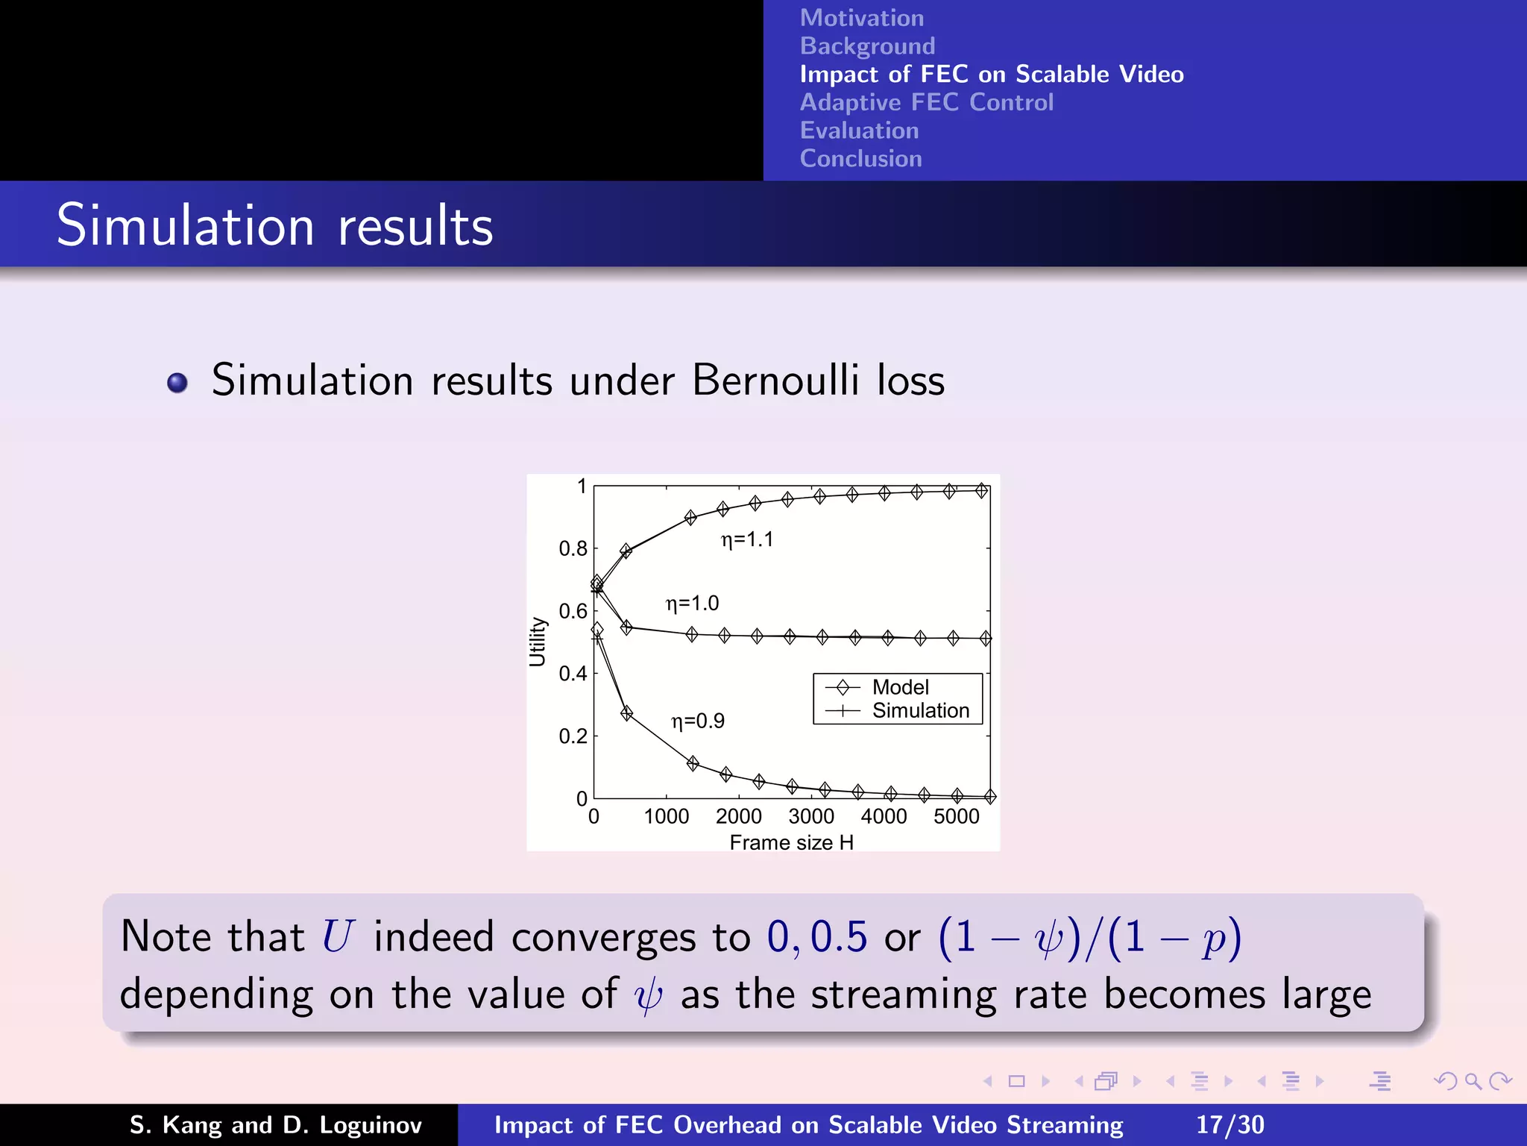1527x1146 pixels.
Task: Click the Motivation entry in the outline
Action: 861,18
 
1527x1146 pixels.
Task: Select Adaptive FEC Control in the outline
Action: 926,102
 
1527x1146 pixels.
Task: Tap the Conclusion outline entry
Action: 860,158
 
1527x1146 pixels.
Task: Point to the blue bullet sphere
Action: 177,383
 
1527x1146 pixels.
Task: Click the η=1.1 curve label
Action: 747,539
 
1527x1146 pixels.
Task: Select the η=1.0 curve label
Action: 692,603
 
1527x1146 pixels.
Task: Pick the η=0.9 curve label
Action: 698,721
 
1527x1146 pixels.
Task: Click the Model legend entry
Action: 900,687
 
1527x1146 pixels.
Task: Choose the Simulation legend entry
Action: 920,710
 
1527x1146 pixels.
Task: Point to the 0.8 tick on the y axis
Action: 573,549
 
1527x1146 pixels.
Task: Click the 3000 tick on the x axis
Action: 811,816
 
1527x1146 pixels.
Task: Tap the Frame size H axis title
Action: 791,842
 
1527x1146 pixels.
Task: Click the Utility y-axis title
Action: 538,641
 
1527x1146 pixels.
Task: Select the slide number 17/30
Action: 1230,1124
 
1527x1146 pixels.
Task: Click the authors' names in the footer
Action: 276,1124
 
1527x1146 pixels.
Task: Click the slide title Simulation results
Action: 274,225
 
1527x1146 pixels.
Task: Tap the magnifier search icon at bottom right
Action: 1473,1081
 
